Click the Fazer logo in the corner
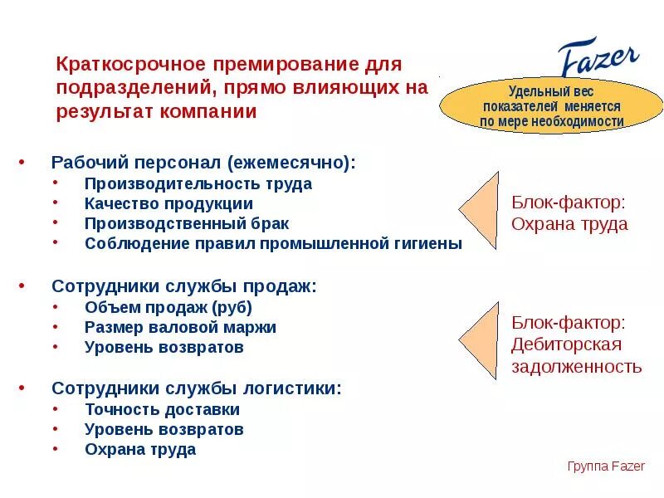coord(598,59)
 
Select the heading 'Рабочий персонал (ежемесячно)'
coord(203,163)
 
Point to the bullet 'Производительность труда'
coord(198,183)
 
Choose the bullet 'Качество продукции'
coord(168,203)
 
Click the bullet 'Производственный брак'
coord(187,223)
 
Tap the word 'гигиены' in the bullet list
coord(427,243)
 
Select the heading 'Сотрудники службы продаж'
coord(184,286)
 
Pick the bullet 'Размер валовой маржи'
coord(180,327)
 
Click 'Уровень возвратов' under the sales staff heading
coord(164,347)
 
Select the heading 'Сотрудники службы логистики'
coord(197,388)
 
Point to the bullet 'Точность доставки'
coord(162,409)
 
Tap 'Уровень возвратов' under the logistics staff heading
coord(164,429)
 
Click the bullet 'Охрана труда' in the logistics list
coord(140,449)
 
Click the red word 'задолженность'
coord(576,366)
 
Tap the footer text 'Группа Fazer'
coord(606,466)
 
